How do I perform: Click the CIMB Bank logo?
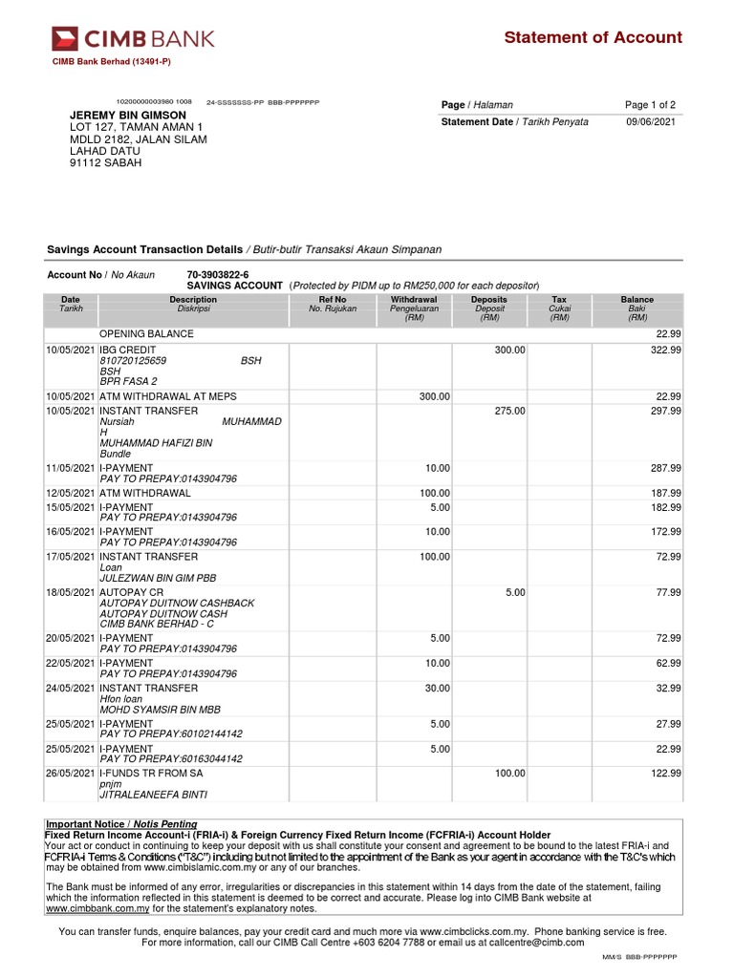(x=133, y=38)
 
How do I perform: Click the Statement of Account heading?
(x=593, y=37)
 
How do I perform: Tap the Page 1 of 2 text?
(x=650, y=105)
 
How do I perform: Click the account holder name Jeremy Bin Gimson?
(x=128, y=115)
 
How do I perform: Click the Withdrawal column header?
(x=414, y=300)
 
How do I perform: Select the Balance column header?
(x=637, y=300)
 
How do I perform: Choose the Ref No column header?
(x=332, y=300)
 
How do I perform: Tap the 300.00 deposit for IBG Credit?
(x=509, y=351)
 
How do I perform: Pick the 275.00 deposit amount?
(x=509, y=412)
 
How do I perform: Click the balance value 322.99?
(x=665, y=351)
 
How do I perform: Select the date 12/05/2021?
(x=71, y=494)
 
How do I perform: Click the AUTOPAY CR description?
(x=132, y=593)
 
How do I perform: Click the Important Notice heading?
(x=122, y=824)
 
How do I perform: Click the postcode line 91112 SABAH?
(x=106, y=163)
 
